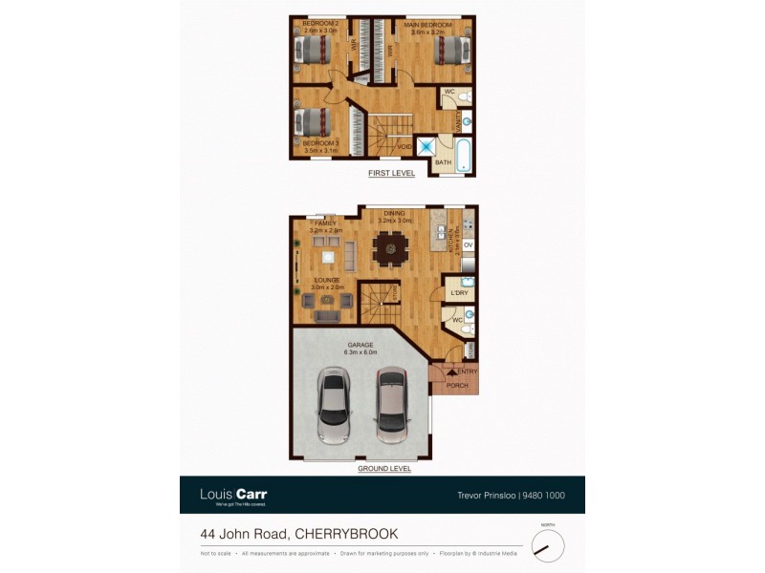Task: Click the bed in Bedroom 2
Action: coord(312,49)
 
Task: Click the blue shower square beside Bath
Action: coord(426,147)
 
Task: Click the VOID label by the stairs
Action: coord(405,147)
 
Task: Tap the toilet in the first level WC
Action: coord(462,97)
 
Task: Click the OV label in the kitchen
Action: coord(468,245)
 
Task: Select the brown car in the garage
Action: coord(392,405)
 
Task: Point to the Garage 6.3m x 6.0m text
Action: coord(361,350)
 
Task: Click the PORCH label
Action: coord(457,386)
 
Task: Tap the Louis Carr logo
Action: coord(233,495)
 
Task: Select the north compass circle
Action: coord(548,546)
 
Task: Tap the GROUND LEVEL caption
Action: coord(384,469)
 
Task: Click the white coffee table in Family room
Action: coord(328,255)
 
